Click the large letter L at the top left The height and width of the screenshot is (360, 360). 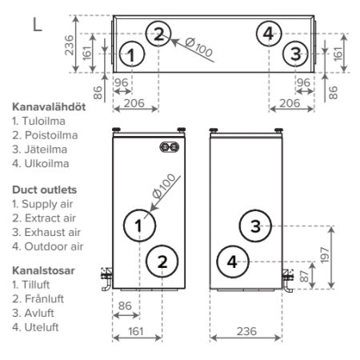pyautogui.click(x=38, y=25)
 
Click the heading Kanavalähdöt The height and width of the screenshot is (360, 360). pyautogui.click(x=49, y=107)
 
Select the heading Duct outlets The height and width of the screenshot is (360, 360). pyautogui.click(x=45, y=190)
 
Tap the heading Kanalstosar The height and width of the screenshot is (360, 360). pyautogui.click(x=43, y=270)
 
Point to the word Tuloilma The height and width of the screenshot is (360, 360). pyautogui.click(x=43, y=121)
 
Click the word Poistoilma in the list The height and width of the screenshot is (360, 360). pyautogui.click(x=51, y=135)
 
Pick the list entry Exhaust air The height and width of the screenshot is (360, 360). pyautogui.click(x=53, y=232)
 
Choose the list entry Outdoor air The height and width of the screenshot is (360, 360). pyautogui.click(x=54, y=246)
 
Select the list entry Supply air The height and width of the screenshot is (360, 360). pyautogui.click(x=47, y=204)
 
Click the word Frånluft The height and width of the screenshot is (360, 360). pyautogui.click(x=44, y=299)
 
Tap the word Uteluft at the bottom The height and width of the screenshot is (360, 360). pyautogui.click(x=42, y=327)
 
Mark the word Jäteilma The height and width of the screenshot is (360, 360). pyautogui.click(x=46, y=150)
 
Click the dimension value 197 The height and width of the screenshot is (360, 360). pyautogui.click(x=325, y=255)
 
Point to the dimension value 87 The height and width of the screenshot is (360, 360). pyautogui.click(x=304, y=276)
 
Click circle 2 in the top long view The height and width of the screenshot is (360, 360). pyautogui.click(x=158, y=34)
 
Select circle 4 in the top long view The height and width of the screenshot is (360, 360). pyautogui.click(x=269, y=34)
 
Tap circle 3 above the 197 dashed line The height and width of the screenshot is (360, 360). pyautogui.click(x=255, y=226)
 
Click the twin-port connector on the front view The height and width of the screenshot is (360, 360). pyautogui.click(x=170, y=147)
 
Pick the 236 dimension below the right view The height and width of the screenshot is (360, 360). pyautogui.click(x=246, y=331)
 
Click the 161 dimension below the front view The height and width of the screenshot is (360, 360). pyautogui.click(x=136, y=331)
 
